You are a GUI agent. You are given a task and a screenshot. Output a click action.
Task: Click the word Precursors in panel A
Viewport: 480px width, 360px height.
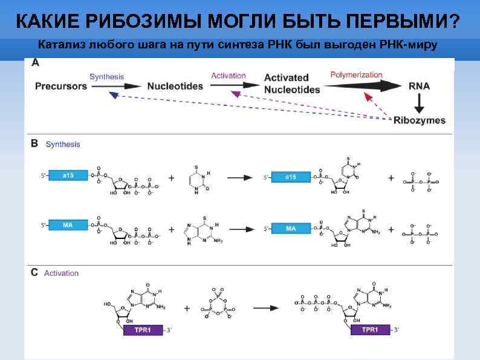[x=61, y=87]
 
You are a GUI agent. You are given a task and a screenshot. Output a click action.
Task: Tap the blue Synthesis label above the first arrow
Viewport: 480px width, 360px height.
[x=106, y=76]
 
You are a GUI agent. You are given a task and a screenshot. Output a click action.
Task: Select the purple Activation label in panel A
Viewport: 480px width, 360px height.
[x=229, y=76]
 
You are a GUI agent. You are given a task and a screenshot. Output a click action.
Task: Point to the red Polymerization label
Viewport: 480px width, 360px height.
[x=356, y=74]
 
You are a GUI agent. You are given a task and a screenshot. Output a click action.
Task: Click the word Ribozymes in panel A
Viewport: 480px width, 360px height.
[x=419, y=120]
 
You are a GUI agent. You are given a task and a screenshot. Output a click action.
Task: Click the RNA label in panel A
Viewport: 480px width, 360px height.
[x=418, y=87]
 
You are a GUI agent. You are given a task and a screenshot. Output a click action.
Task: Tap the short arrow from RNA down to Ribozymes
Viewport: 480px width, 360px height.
[x=418, y=103]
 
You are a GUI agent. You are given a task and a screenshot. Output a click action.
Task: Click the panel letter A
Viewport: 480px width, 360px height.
[x=35, y=63]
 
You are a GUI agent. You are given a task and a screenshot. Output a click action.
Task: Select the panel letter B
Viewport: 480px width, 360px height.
[x=34, y=144]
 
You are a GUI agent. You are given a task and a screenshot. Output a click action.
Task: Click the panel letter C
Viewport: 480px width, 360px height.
[x=34, y=272]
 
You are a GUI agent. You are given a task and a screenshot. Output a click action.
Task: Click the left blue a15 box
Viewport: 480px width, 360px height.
[x=68, y=175]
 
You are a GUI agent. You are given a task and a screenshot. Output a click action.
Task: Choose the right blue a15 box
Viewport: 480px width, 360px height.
[x=291, y=177]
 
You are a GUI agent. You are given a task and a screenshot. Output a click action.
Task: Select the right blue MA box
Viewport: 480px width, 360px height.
[x=291, y=228]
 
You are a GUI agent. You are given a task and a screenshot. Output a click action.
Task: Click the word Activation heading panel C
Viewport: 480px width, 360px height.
[x=62, y=273]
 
